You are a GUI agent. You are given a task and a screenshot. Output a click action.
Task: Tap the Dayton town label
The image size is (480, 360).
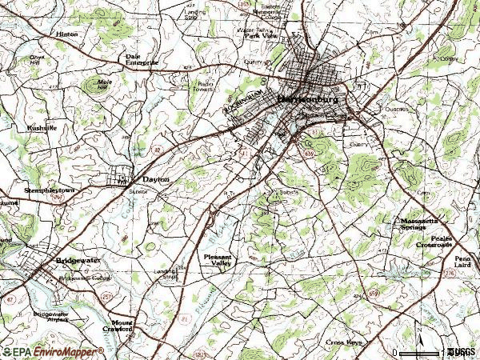point(156,180)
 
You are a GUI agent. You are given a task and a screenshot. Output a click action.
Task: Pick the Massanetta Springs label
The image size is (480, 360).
point(419,223)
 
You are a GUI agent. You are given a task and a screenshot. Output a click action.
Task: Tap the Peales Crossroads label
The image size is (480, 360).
point(437,242)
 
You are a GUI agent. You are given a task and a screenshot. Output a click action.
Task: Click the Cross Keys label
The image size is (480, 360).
point(345,342)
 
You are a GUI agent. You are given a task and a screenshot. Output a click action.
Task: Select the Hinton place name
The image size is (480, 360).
point(66,34)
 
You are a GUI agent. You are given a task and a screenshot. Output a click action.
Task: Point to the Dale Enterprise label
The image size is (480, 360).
point(142,59)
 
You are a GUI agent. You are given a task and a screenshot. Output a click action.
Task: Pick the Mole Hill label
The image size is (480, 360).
point(103,84)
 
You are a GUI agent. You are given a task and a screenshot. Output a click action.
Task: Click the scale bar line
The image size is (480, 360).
point(419,353)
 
